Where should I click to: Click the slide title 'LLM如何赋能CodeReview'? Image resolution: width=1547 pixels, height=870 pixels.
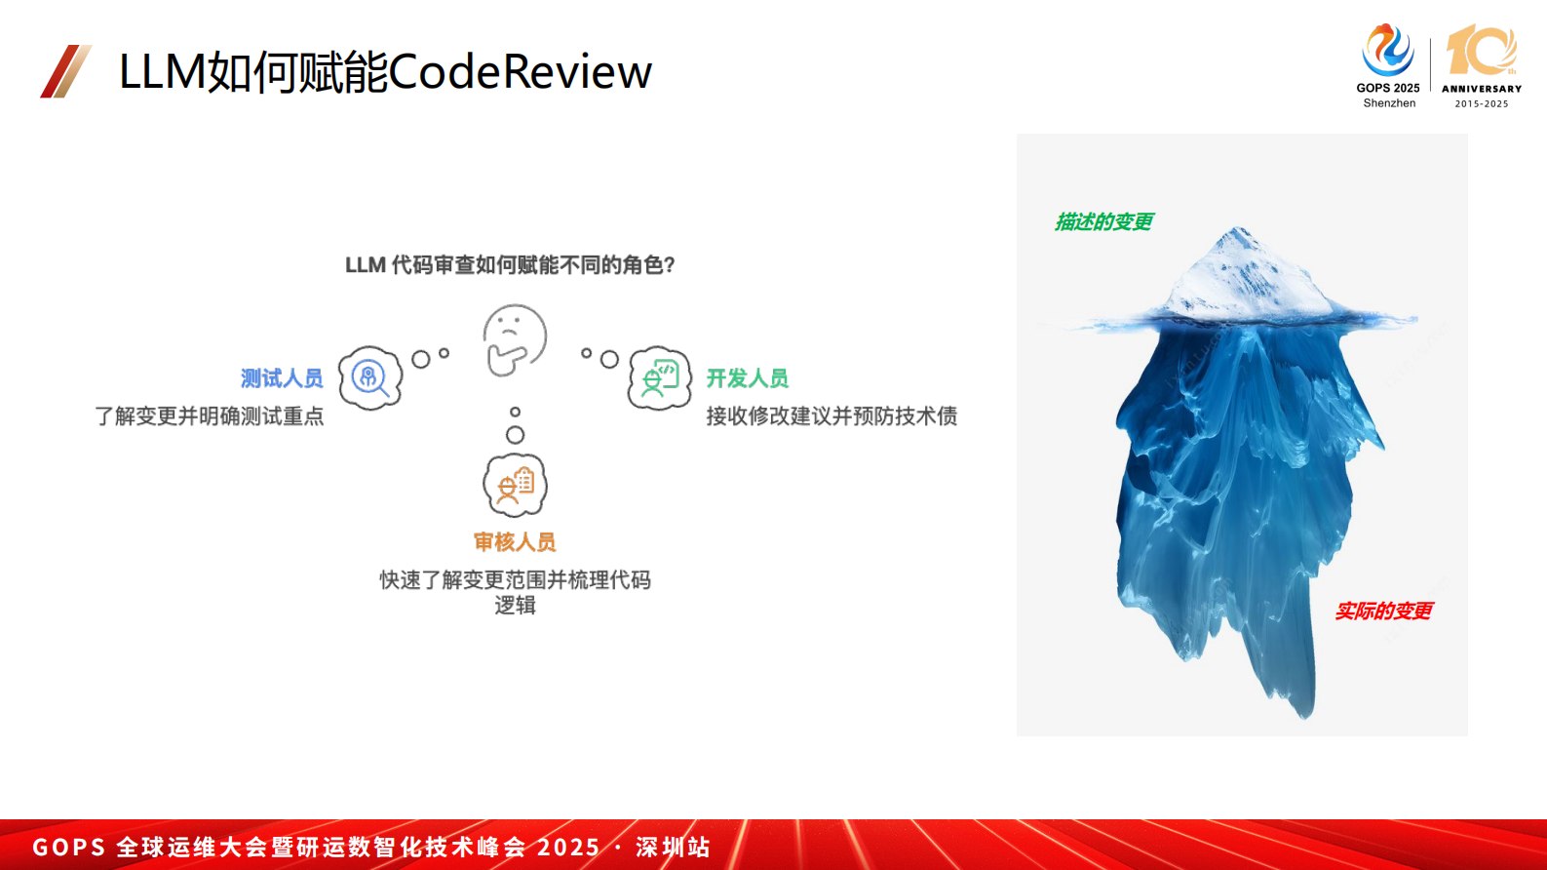click(x=385, y=71)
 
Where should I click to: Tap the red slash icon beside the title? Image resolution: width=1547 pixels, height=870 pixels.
click(x=65, y=71)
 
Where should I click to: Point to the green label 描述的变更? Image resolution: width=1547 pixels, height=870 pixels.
click(x=1103, y=222)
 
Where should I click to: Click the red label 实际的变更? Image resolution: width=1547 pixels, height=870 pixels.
click(x=1383, y=612)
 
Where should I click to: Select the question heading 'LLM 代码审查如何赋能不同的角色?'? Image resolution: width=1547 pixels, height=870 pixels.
click(x=510, y=265)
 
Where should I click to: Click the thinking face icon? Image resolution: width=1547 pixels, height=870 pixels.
click(x=515, y=339)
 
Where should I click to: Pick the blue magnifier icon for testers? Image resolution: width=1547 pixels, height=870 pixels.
click(x=370, y=377)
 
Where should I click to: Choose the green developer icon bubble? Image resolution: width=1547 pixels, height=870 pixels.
click(x=660, y=377)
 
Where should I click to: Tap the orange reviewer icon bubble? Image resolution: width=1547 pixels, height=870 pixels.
click(x=515, y=485)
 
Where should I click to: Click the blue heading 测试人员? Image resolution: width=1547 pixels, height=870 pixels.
click(x=282, y=378)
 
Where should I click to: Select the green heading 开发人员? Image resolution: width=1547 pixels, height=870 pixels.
click(x=747, y=378)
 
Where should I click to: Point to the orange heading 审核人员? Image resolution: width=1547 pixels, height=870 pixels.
click(x=515, y=542)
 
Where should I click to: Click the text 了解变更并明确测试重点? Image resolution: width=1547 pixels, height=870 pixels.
click(x=210, y=416)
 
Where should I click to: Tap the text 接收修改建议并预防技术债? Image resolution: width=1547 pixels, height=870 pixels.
click(x=832, y=416)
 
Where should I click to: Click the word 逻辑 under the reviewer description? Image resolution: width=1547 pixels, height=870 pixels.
click(x=515, y=606)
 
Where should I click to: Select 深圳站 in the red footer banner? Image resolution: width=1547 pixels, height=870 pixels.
click(x=673, y=847)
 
